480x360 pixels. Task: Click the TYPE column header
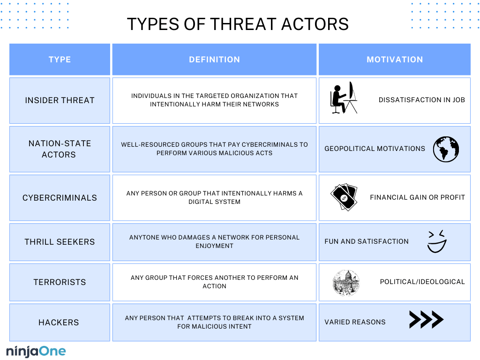click(60, 60)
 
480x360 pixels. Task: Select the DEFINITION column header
click(214, 60)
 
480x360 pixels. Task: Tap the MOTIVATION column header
click(394, 60)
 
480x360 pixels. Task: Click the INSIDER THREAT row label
click(60, 100)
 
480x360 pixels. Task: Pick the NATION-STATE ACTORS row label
click(60, 149)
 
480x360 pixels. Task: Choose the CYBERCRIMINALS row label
click(60, 198)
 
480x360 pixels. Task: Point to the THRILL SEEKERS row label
click(60, 242)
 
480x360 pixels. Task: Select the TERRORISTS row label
click(60, 282)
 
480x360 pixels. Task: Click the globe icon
click(446, 149)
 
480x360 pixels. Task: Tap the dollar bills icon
click(344, 197)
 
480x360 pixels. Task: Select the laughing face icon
click(437, 241)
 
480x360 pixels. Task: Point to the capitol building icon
click(346, 282)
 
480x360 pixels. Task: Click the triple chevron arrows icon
click(426, 319)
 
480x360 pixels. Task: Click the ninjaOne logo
click(36, 351)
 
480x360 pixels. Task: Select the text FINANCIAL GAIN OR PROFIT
click(417, 197)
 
